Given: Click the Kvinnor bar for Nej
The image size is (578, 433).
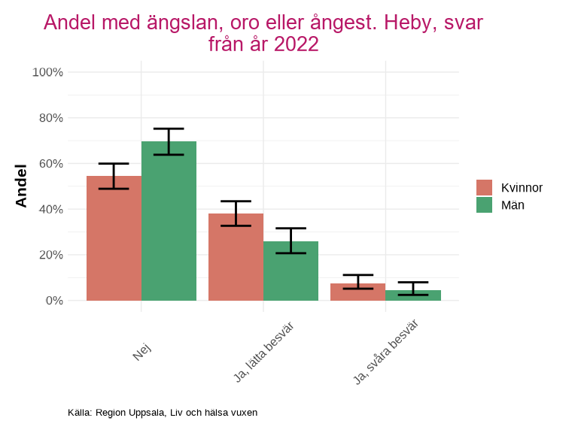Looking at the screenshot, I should (114, 238).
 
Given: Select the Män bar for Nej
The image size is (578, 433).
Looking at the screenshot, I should (169, 221).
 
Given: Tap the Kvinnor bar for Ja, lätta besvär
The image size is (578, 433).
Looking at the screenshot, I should (236, 257).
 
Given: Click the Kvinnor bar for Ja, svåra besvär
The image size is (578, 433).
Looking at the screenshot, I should (357, 292).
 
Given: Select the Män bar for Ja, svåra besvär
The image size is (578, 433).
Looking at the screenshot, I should (412, 295).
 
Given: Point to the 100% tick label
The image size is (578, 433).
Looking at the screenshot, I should (47, 72).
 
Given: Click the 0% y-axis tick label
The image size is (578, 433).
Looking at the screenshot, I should (53, 301).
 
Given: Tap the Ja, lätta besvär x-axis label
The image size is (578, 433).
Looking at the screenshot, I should (263, 351).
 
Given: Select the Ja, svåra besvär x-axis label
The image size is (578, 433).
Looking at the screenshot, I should (385, 352).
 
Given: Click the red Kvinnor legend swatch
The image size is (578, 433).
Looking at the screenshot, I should (484, 188).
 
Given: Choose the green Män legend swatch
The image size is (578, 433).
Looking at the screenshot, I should (484, 205).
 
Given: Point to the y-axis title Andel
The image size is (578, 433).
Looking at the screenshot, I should (21, 186).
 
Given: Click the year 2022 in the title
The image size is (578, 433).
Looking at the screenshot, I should (296, 44).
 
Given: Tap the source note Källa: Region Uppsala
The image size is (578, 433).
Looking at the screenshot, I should (163, 413).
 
